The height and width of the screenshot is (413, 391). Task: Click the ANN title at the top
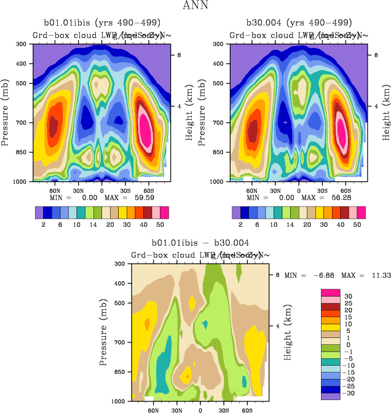point(195,6)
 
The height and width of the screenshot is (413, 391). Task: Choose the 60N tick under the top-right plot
point(251,191)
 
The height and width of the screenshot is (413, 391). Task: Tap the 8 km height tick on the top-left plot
point(180,55)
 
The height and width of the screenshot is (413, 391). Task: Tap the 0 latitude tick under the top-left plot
point(101,191)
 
